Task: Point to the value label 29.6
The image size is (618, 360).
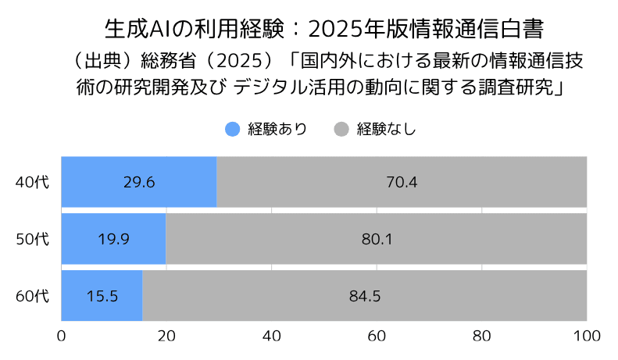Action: [139, 182]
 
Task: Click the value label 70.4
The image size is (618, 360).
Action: [402, 182]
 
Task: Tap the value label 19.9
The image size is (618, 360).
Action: [113, 238]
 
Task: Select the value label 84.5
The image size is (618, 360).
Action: [365, 295]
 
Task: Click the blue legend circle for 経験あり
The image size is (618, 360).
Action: [232, 129]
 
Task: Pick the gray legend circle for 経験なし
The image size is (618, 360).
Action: [341, 129]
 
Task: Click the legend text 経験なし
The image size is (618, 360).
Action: [386, 129]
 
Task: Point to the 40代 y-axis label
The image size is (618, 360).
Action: [33, 182]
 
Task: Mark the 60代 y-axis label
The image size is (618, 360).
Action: [33, 295]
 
